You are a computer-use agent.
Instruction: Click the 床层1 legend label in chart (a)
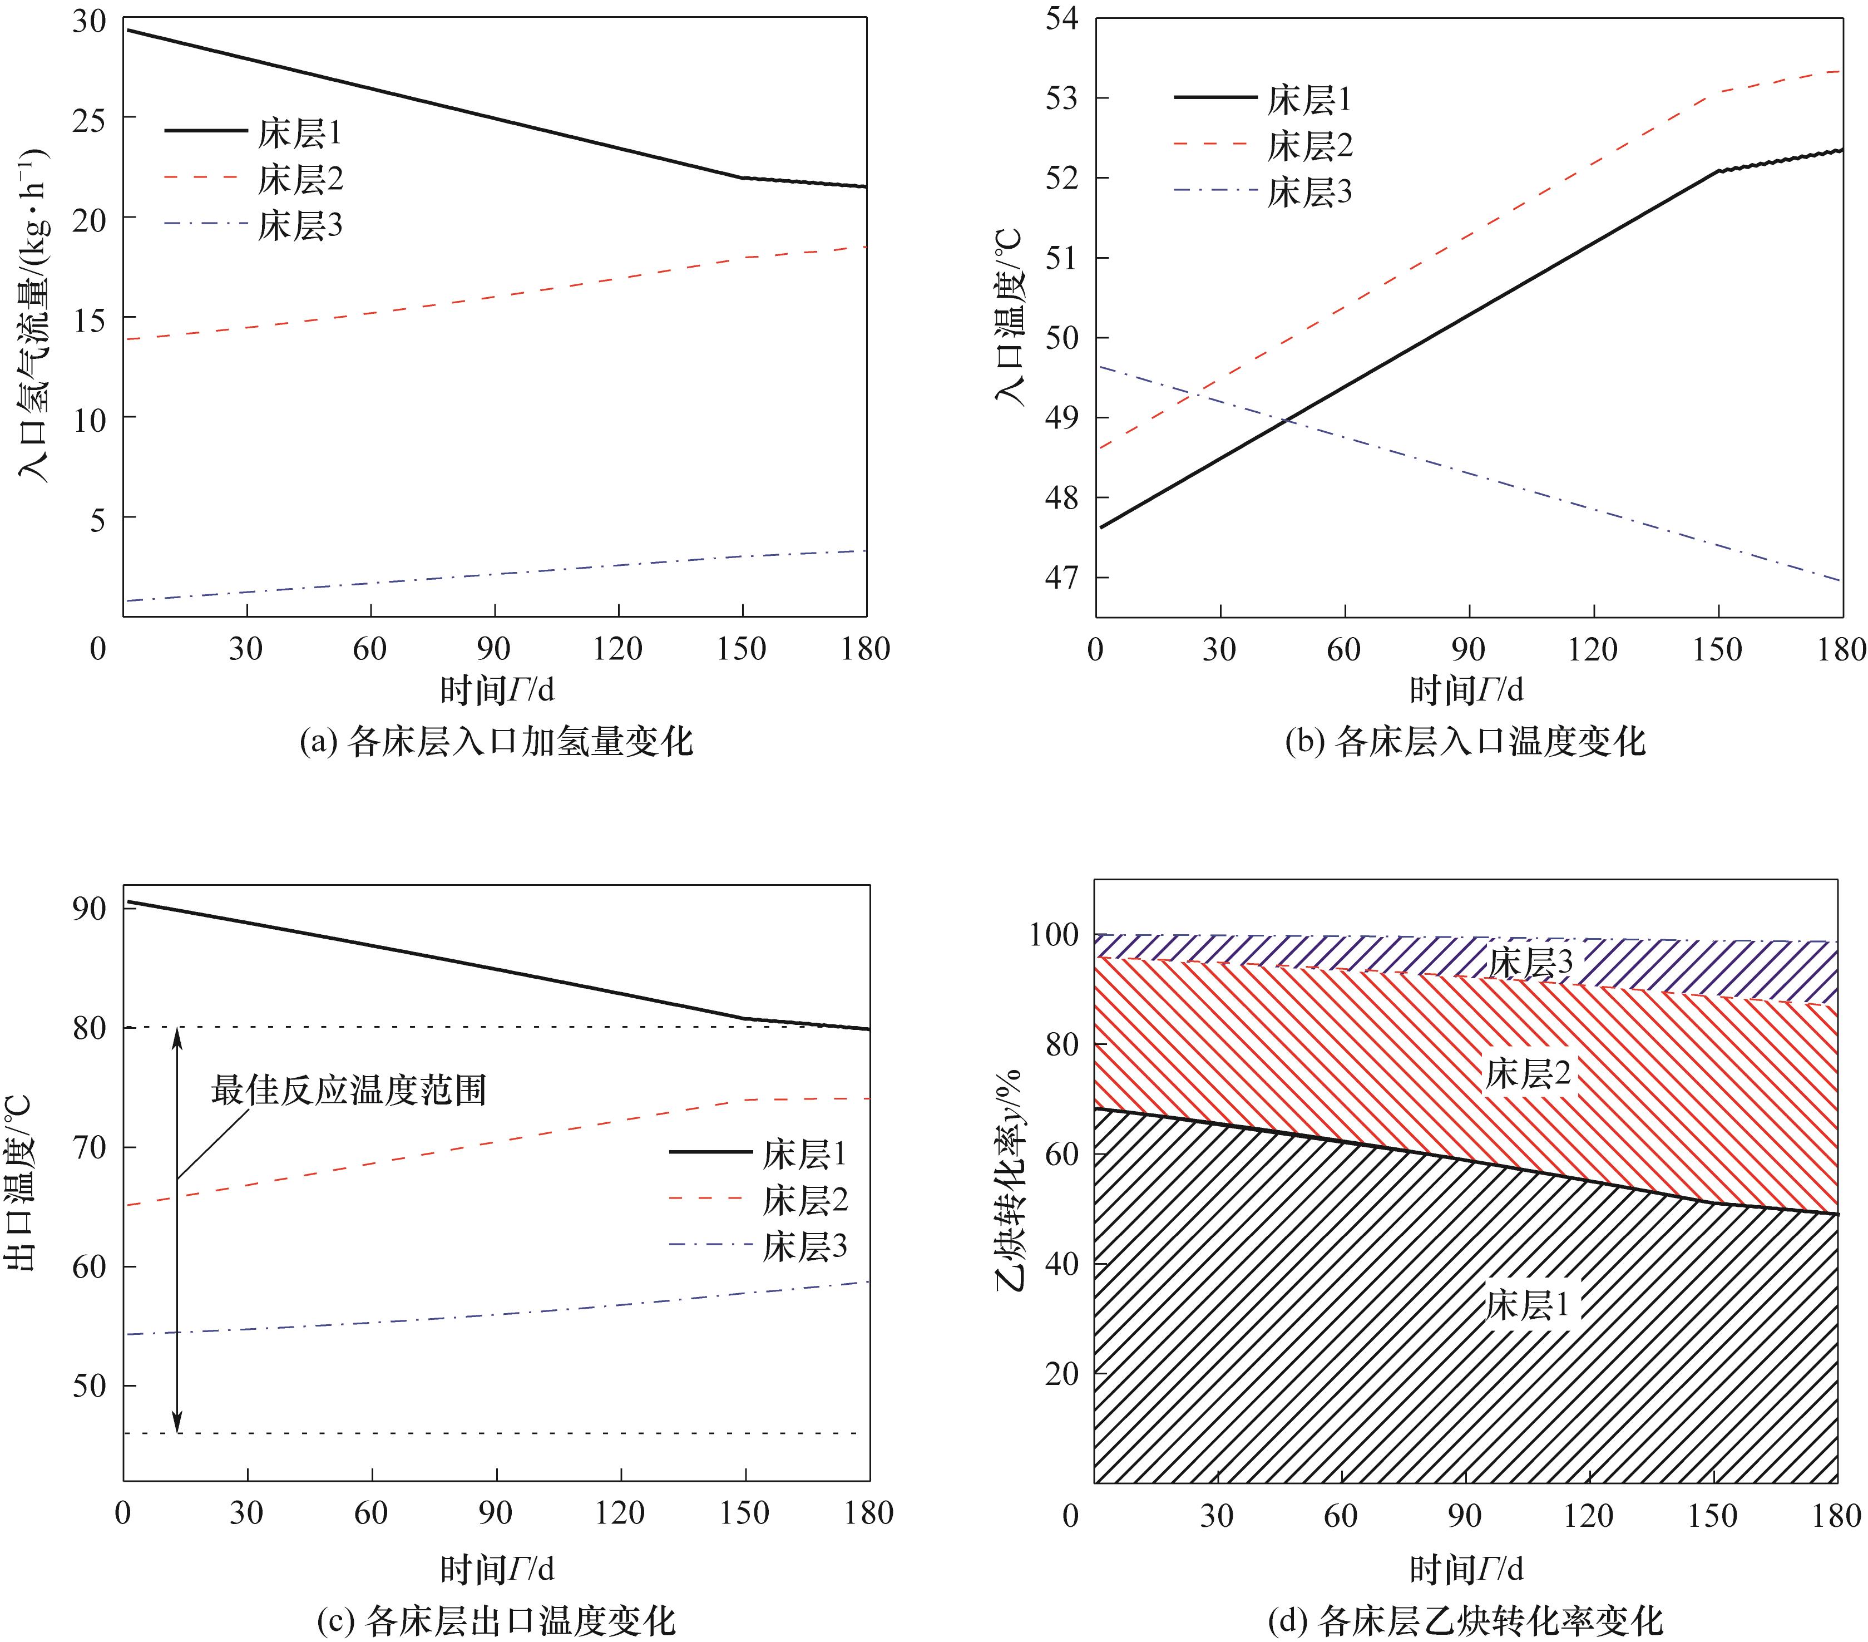pos(300,134)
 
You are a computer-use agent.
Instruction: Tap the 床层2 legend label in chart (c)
pos(805,1200)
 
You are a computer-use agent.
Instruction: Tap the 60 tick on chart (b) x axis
pos(1343,649)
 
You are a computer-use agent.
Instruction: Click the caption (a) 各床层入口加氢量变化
pos(496,742)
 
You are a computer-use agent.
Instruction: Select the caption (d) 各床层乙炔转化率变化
pos(1465,1620)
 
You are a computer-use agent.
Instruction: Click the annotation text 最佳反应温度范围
pos(348,1090)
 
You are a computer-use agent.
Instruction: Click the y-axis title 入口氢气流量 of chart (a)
pos(34,315)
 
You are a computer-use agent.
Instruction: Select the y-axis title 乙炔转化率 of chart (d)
pos(1010,1180)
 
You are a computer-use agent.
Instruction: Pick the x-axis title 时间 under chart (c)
pos(496,1569)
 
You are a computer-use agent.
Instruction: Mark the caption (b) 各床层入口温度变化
pos(1465,742)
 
